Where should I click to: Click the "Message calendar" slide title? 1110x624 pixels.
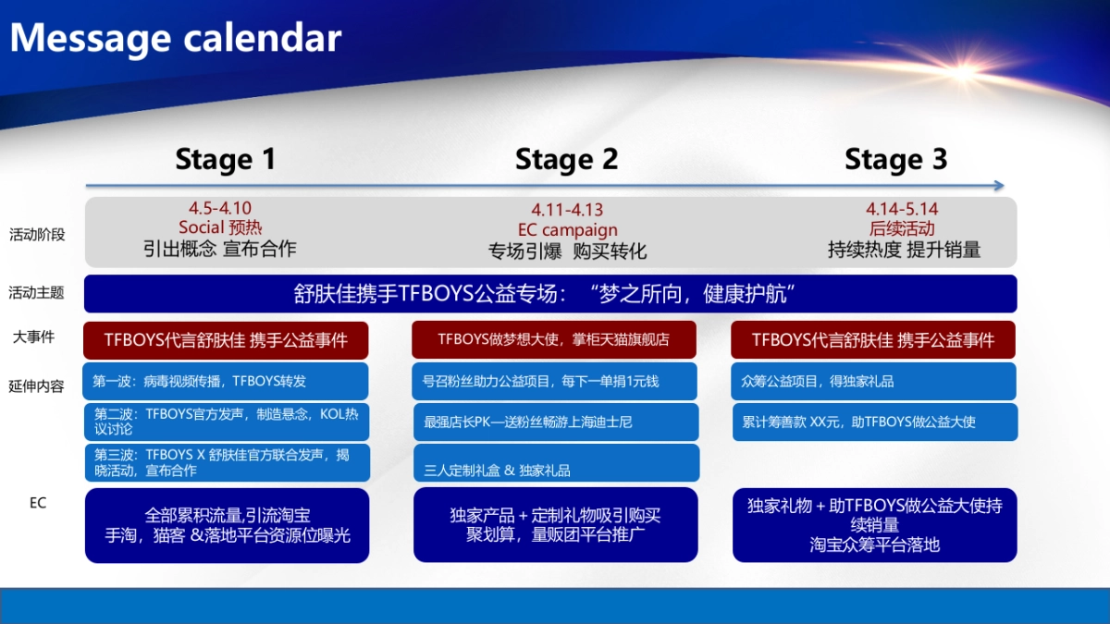(176, 38)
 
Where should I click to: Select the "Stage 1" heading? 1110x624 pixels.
(226, 159)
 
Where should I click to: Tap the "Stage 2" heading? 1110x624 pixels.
(566, 159)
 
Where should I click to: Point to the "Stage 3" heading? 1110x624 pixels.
(895, 159)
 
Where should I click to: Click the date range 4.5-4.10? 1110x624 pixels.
(220, 209)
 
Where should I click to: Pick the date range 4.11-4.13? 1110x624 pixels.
(567, 211)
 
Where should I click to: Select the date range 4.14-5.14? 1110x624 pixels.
(902, 210)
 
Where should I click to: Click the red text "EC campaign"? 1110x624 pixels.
(567, 230)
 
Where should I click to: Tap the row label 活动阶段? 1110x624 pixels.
(37, 235)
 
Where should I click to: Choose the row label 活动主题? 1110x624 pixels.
(37, 293)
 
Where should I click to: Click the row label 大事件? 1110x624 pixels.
(33, 336)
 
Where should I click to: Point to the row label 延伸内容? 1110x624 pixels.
(37, 386)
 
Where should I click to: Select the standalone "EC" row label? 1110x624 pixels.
(37, 503)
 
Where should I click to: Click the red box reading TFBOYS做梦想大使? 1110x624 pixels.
(554, 339)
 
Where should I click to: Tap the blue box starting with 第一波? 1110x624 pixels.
(226, 381)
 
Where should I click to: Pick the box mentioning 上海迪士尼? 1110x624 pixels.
(554, 422)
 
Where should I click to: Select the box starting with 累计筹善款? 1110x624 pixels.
(874, 422)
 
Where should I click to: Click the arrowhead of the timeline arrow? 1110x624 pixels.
(999, 186)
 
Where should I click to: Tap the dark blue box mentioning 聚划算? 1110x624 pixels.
(554, 525)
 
